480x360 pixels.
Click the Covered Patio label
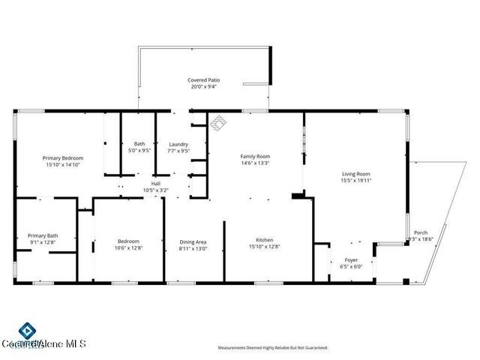pyautogui.click(x=202, y=79)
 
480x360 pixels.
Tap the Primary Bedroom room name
pyautogui.click(x=62, y=158)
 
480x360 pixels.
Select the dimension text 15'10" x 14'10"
pyautogui.click(x=62, y=165)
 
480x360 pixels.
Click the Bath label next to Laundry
pyautogui.click(x=139, y=144)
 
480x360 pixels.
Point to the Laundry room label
pyautogui.click(x=178, y=144)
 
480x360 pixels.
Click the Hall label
pyautogui.click(x=156, y=183)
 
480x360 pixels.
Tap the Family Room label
pyautogui.click(x=255, y=156)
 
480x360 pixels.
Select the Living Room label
pyautogui.click(x=356, y=173)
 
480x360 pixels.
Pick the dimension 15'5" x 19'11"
pyautogui.click(x=356, y=180)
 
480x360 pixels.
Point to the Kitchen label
pyautogui.click(x=254, y=240)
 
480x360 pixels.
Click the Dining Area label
pyautogui.click(x=193, y=241)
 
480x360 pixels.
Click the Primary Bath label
pyautogui.click(x=43, y=235)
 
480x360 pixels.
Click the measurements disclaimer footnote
pyautogui.click(x=272, y=348)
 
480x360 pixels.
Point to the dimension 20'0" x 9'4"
pyautogui.click(x=202, y=86)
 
